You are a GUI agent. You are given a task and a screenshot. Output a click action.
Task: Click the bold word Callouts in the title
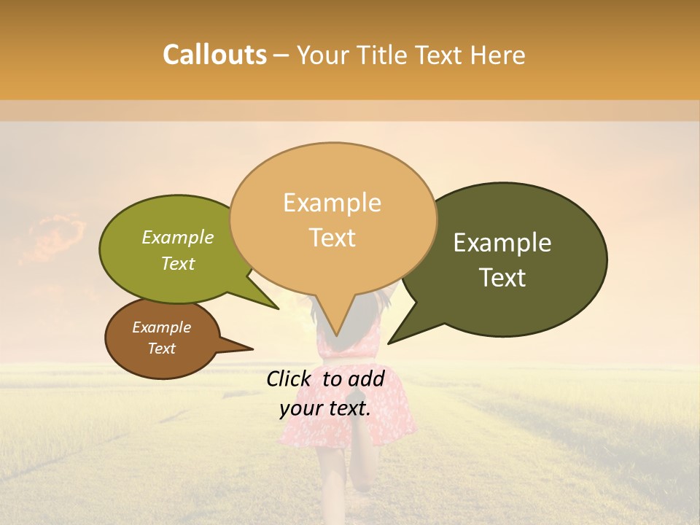point(214,55)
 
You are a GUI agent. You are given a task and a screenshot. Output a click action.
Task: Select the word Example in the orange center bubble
point(332,203)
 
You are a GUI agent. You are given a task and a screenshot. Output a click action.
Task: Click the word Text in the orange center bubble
point(332,238)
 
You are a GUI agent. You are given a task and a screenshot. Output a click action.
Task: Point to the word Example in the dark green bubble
point(502,243)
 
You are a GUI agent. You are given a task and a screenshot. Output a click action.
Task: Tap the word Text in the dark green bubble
point(502,278)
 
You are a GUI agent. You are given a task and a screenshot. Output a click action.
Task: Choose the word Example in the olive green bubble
point(178,238)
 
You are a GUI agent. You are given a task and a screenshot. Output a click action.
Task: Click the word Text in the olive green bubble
point(178,263)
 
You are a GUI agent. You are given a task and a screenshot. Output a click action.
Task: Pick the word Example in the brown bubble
point(161,327)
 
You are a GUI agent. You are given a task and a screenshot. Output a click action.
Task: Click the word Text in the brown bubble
point(161,349)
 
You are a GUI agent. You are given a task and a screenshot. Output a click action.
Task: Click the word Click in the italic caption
point(290,378)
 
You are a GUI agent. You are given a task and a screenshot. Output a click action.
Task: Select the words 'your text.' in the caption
point(325,409)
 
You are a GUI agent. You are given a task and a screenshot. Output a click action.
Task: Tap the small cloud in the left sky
point(55,237)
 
